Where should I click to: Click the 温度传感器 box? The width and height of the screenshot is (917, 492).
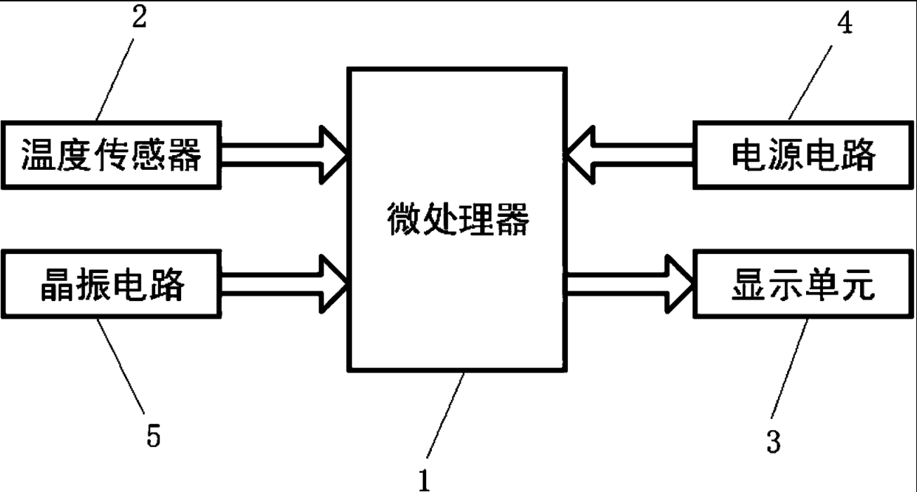pyautogui.click(x=113, y=154)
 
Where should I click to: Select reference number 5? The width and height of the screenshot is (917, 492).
pyautogui.click(x=154, y=436)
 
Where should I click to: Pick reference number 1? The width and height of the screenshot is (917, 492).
pyautogui.click(x=424, y=480)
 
